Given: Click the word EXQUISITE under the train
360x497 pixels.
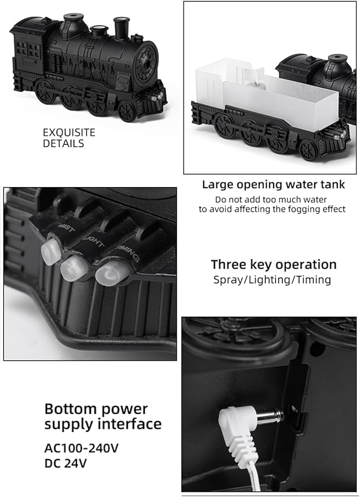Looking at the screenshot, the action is tap(69, 132).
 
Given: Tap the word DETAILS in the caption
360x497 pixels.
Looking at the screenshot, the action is tap(63, 144).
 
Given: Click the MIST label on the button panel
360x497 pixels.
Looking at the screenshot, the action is tap(66, 227).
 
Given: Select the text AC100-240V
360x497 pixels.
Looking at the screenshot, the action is tap(81, 448).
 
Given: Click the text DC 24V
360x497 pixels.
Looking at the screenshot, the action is tap(66, 464).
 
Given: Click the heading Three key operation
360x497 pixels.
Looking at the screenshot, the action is tap(274, 265).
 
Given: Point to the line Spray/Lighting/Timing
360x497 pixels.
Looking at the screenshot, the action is tap(272, 280).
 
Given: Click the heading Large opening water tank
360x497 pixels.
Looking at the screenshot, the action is tap(274, 184).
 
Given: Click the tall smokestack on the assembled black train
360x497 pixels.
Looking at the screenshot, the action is tap(122, 28).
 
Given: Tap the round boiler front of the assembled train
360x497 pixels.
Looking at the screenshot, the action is tap(146, 63).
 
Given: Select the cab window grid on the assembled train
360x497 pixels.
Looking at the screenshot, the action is tap(28, 49).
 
